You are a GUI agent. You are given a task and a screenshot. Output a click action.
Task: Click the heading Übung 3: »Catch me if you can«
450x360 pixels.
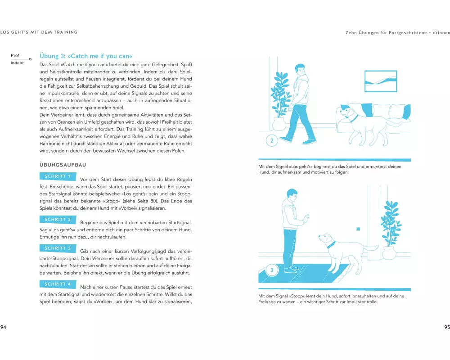(86, 56)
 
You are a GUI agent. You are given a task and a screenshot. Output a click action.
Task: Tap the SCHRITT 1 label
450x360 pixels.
(58, 176)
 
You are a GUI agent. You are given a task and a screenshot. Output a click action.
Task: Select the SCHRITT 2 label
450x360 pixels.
(58, 219)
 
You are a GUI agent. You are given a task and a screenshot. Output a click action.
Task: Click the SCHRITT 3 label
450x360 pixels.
(58, 248)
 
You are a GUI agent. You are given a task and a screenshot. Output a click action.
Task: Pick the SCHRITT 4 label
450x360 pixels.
(58, 284)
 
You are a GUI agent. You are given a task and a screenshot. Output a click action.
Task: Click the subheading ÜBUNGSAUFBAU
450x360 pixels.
(63, 165)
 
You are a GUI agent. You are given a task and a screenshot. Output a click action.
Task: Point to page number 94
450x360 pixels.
(3, 327)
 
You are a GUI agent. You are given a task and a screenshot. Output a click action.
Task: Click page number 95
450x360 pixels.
(447, 327)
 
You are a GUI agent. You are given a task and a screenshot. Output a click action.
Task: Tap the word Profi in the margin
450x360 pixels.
(16, 55)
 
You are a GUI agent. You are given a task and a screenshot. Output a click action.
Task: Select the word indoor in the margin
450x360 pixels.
(17, 63)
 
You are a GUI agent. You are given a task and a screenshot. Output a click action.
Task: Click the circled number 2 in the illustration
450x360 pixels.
(272, 141)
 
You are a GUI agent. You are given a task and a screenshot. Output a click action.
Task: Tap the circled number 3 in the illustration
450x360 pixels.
(272, 270)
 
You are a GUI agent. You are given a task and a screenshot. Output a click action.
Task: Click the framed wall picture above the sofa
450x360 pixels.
(381, 81)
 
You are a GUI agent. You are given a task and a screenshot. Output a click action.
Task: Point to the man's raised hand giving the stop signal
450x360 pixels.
(306, 219)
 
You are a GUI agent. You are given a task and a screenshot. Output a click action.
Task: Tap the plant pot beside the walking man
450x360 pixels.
(279, 124)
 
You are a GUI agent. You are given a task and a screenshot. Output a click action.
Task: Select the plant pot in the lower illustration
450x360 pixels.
(389, 253)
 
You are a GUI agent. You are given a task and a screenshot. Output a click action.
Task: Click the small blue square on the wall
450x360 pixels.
(358, 229)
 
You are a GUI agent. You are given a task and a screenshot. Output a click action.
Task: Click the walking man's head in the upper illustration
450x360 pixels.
(300, 69)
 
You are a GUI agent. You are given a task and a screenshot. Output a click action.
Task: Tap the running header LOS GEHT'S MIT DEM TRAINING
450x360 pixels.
(39, 32)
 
